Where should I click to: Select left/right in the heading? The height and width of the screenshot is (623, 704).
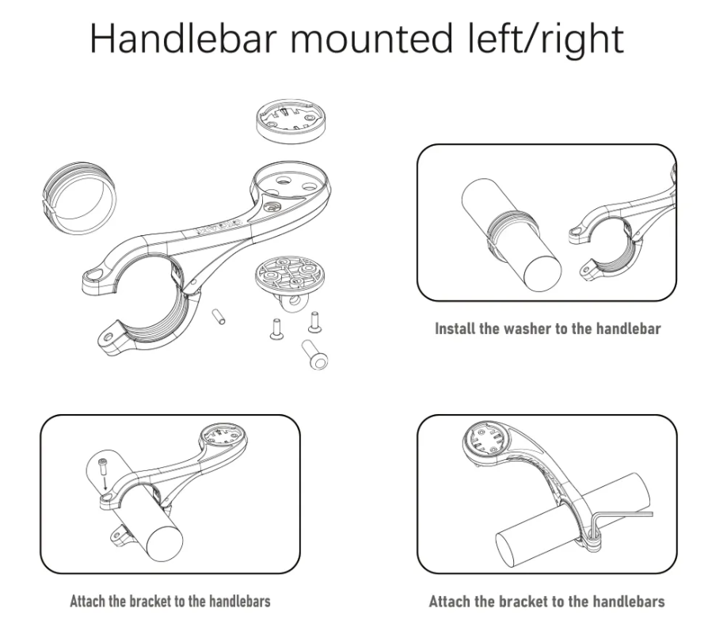point(546,40)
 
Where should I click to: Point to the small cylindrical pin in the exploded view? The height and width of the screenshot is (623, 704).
point(219,316)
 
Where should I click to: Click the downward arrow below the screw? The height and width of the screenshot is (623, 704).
point(105,481)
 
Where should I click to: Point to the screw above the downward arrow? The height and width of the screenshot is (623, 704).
point(103,465)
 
